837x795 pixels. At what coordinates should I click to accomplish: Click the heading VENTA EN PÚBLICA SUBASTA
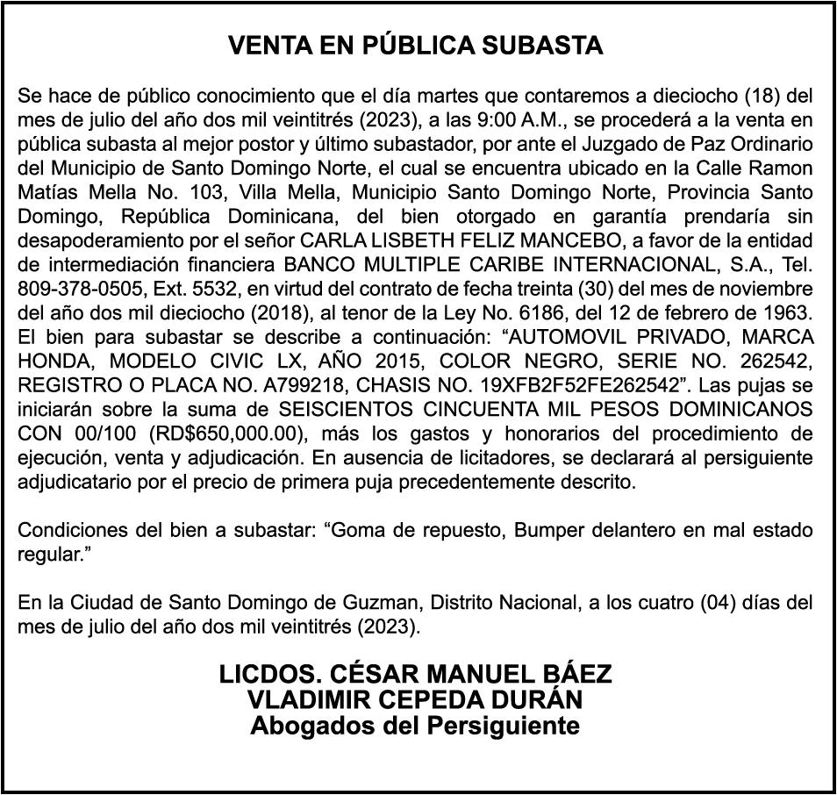coord(415,47)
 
